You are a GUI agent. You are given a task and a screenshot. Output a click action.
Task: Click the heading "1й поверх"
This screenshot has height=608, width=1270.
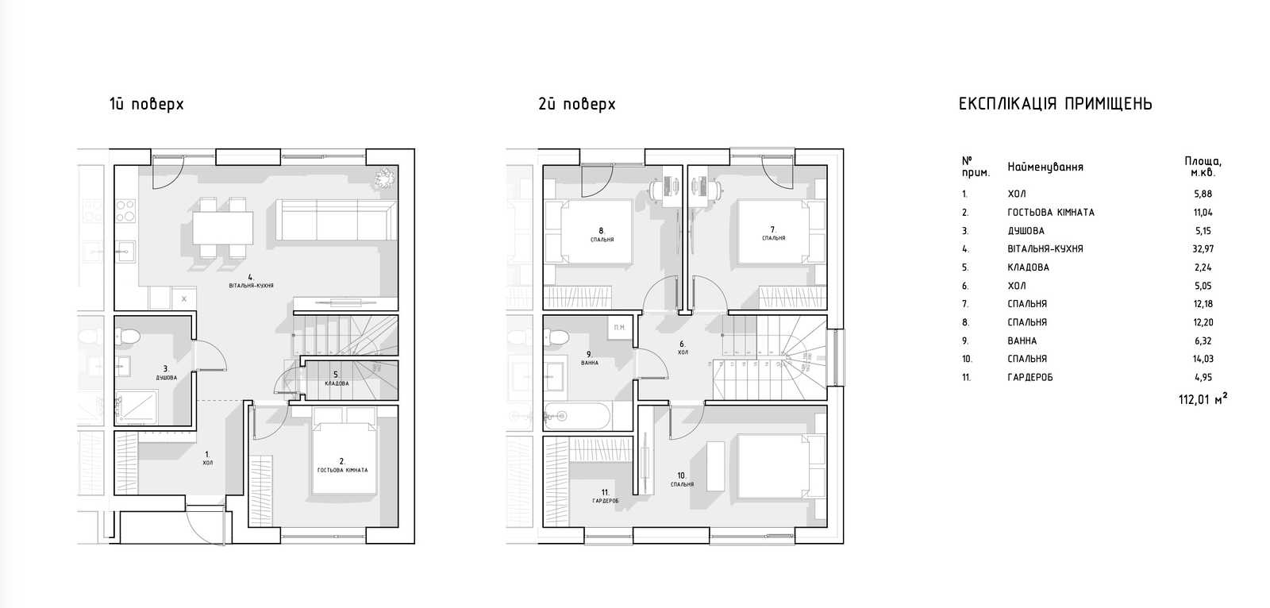point(146,104)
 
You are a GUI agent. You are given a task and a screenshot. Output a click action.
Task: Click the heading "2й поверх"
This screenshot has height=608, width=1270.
point(576,104)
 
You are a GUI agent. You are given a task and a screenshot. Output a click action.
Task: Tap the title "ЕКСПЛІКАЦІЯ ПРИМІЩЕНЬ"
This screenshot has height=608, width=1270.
point(1055,104)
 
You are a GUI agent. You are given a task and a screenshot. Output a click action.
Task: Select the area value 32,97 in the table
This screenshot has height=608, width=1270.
point(1203,248)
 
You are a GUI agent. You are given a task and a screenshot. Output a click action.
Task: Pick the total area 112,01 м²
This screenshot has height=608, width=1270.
point(1203,398)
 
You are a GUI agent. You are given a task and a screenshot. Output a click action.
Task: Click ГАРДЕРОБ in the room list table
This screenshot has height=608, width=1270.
point(1029,377)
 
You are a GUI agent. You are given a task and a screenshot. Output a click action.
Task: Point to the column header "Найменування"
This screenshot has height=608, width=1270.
point(1045,167)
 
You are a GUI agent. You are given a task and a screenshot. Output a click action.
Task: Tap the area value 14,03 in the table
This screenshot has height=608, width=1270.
point(1203,359)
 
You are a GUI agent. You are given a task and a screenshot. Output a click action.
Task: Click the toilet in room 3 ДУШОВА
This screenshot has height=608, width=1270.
point(127,337)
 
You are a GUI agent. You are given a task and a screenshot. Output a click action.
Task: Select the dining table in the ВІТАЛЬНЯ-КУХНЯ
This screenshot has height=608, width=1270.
point(222,228)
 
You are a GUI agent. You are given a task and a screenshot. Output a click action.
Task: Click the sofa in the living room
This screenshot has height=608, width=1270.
point(337,220)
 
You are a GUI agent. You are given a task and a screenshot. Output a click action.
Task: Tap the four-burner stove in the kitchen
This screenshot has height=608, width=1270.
point(126,210)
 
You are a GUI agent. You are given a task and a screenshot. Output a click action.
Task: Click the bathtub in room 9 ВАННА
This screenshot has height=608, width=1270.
point(576,416)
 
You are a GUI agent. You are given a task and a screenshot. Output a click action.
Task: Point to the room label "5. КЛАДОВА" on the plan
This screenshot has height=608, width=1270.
point(337,379)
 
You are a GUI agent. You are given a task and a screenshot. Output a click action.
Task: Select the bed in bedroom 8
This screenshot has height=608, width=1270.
point(590,232)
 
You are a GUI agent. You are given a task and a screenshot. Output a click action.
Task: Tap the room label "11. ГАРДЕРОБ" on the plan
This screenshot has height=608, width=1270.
point(606,497)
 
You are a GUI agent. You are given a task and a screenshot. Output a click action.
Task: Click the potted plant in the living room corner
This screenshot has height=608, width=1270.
point(385,178)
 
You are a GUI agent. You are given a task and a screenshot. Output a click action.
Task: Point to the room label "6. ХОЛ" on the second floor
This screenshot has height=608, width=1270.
point(683,348)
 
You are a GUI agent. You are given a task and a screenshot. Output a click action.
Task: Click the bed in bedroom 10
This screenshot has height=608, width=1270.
point(781,467)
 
